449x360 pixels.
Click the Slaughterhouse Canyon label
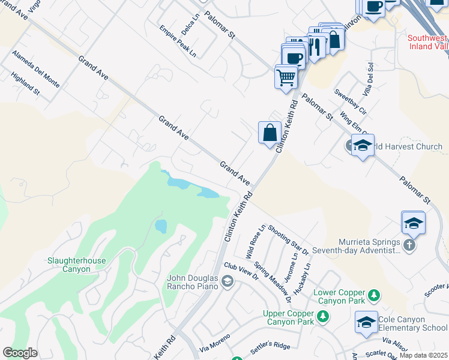coord(77,265)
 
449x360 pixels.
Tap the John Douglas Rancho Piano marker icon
coord(228,281)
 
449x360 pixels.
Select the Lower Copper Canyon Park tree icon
coord(374,295)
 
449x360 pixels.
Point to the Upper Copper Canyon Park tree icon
coord(323,316)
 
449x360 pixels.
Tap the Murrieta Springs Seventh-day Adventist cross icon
coord(409,245)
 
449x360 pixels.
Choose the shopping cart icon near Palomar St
coord(286,76)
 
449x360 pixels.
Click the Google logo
coord(20,353)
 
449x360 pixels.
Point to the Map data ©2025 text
coord(423,355)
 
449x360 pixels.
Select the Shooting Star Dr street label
coord(288,239)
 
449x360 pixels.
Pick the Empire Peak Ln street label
coord(178,41)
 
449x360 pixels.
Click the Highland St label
coord(25,85)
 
